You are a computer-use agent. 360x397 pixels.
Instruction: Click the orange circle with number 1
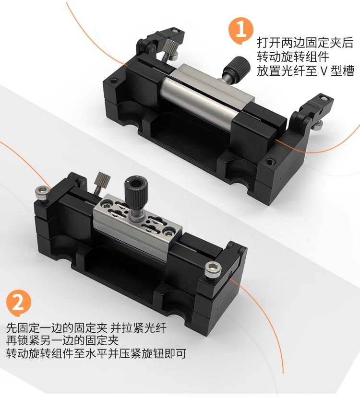tap(241, 30)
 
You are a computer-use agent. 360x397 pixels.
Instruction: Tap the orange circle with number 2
tap(19, 304)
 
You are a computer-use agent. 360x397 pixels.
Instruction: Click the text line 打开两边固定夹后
tap(305, 43)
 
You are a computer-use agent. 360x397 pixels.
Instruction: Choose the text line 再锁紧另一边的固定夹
tap(62, 340)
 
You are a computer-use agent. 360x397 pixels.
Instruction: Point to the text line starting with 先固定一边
tap(86, 327)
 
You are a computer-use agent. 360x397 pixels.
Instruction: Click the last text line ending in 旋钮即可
tap(96, 353)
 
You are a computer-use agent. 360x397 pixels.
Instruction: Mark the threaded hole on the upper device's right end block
tap(270, 161)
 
